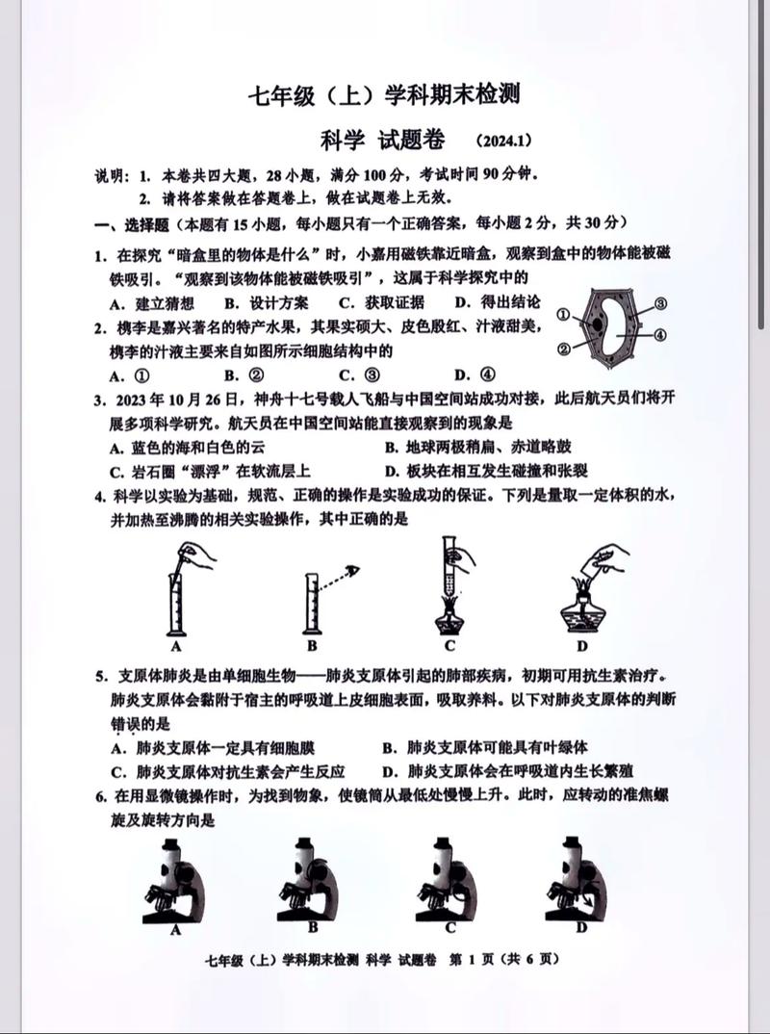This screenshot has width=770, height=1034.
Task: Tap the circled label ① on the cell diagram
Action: pos(564,314)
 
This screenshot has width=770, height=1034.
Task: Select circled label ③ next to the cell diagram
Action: pos(661,303)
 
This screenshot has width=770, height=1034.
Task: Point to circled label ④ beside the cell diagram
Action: pos(661,334)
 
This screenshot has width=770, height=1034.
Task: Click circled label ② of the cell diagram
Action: pos(564,349)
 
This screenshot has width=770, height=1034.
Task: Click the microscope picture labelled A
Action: pos(175,881)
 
